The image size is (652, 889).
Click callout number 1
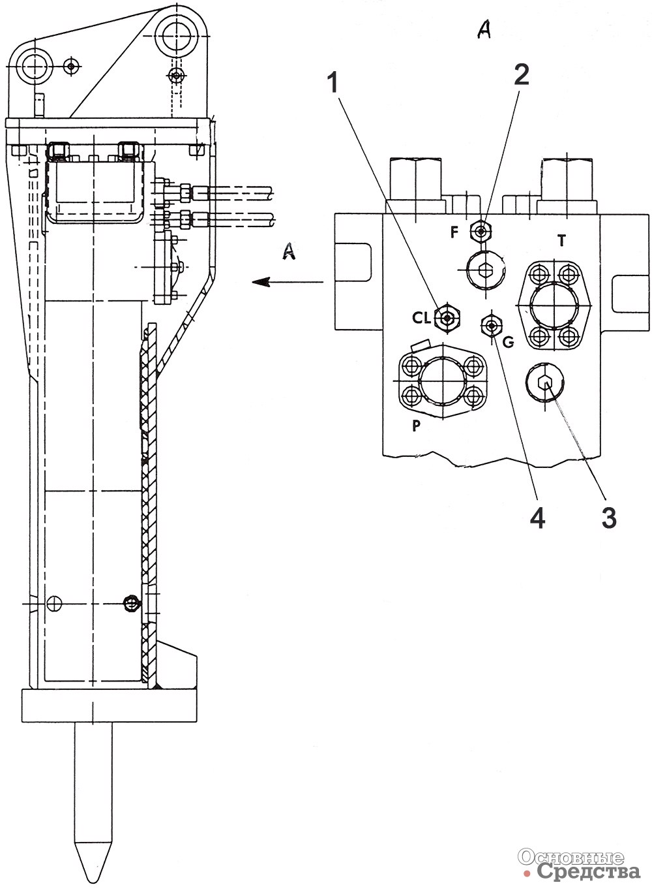(x=334, y=83)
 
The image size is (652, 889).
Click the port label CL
(x=422, y=318)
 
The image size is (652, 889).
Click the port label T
(x=561, y=241)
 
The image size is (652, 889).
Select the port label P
(x=415, y=426)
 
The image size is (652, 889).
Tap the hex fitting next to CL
(x=447, y=317)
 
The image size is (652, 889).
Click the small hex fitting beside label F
(x=481, y=230)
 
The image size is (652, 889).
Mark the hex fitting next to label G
(x=491, y=323)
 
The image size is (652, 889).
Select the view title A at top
(x=484, y=29)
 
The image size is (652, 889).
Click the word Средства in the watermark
(x=588, y=871)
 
